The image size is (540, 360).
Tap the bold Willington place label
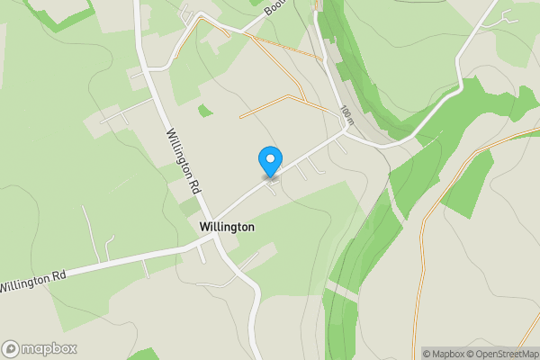click(x=227, y=228)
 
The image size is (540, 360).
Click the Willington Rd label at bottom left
click(x=32, y=281)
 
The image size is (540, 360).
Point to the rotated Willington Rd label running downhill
click(x=182, y=162)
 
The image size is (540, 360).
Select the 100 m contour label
click(x=347, y=114)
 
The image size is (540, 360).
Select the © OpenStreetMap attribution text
click(x=507, y=354)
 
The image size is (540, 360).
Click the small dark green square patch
click(x=206, y=111)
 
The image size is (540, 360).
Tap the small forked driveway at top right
click(x=508, y=15)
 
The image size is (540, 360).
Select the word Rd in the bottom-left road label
click(x=59, y=274)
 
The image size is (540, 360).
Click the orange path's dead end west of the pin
click(x=240, y=118)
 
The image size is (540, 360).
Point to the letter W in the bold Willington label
click(x=205, y=228)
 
